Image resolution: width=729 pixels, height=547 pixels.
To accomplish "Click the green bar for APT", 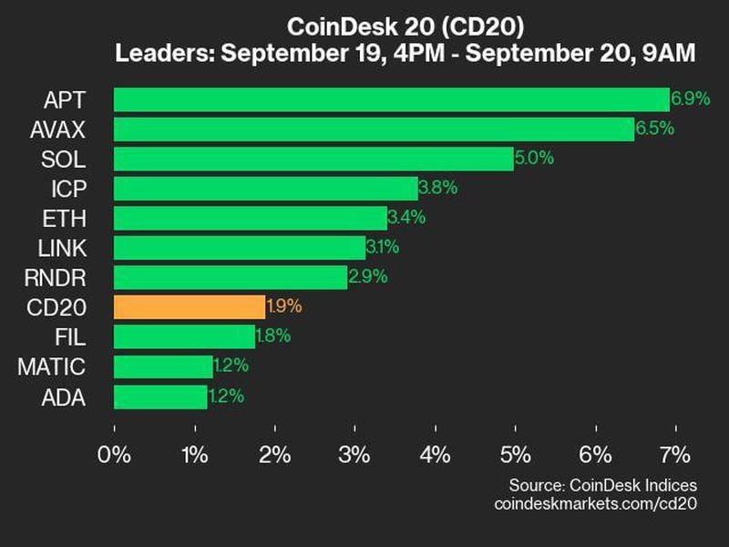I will click(x=391, y=99).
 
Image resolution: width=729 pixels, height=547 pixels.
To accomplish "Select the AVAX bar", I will click(x=374, y=129).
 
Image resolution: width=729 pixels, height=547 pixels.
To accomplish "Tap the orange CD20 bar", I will click(x=190, y=306).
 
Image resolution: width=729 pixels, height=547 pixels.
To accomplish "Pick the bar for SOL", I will click(x=313, y=159).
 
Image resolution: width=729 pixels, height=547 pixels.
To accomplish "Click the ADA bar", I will click(x=160, y=397).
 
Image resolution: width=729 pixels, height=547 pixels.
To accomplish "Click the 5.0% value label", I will click(x=534, y=159).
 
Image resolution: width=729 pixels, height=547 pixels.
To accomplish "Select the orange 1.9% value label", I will click(x=284, y=306).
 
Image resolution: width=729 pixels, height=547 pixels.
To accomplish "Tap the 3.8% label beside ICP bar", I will click(x=437, y=189).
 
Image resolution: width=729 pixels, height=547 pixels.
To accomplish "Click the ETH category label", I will click(x=65, y=218).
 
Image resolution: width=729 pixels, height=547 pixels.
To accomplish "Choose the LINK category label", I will click(x=62, y=248).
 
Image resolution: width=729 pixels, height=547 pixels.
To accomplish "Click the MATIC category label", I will click(x=52, y=366).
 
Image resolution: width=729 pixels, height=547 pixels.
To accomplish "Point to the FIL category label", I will click(x=70, y=337).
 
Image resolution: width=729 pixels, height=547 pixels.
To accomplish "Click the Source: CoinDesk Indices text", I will click(x=602, y=484).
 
